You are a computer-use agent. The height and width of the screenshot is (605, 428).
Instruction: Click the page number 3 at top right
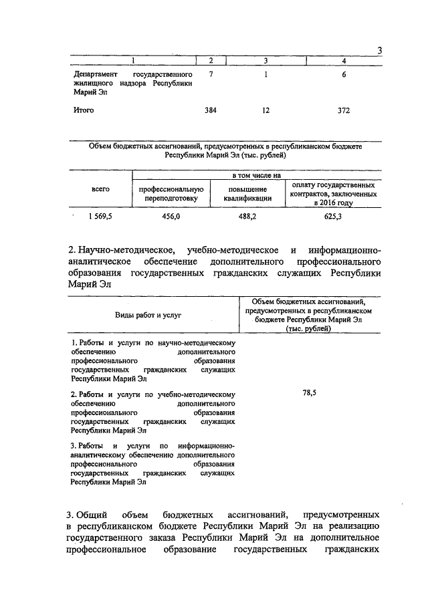pos(379,51)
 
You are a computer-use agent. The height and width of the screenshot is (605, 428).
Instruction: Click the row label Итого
pos(84,110)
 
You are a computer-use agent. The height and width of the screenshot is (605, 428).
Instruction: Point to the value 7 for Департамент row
pos(211,74)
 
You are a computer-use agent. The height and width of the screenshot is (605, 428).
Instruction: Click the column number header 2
pos(211,62)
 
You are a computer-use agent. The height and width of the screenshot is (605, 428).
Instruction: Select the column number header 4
pos(343,62)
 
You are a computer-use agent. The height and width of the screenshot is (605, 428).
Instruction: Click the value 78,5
pos(309,394)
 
